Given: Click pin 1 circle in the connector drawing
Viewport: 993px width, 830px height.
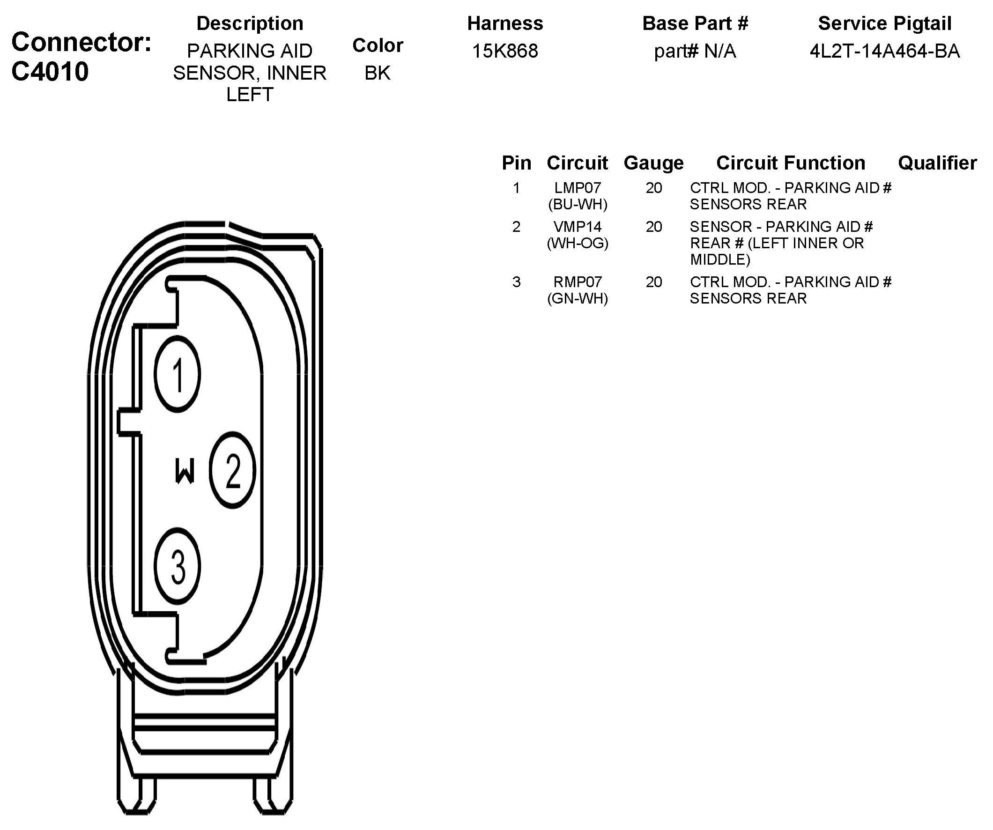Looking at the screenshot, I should tap(178, 374).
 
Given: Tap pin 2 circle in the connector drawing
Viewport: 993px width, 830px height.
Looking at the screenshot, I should tap(233, 470).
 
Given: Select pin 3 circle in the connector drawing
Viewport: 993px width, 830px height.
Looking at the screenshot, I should tap(178, 566).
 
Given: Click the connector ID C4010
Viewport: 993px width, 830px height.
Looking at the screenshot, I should tap(50, 72).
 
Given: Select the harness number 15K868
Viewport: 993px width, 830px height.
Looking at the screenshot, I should tap(505, 51).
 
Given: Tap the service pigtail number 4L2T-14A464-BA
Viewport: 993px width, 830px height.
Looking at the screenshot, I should tap(885, 51).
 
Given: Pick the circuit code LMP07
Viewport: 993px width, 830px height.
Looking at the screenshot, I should tap(578, 188).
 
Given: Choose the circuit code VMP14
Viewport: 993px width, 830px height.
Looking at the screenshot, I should tap(578, 227).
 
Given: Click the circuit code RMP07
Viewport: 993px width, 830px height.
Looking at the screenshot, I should tap(578, 282).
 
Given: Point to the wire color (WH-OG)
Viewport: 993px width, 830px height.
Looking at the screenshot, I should tap(578, 243).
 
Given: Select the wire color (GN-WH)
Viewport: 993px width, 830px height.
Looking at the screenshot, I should tap(578, 298).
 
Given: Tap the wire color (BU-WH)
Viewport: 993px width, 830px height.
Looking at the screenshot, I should tap(578, 204).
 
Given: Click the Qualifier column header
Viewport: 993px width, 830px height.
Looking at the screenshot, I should tap(937, 163).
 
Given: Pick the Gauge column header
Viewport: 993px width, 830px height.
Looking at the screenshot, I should tap(653, 163).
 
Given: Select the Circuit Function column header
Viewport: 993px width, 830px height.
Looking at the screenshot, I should tap(791, 163).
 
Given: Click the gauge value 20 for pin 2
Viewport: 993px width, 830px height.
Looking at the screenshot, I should tap(654, 227).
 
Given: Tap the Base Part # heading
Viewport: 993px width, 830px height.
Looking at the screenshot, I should tap(695, 23).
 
